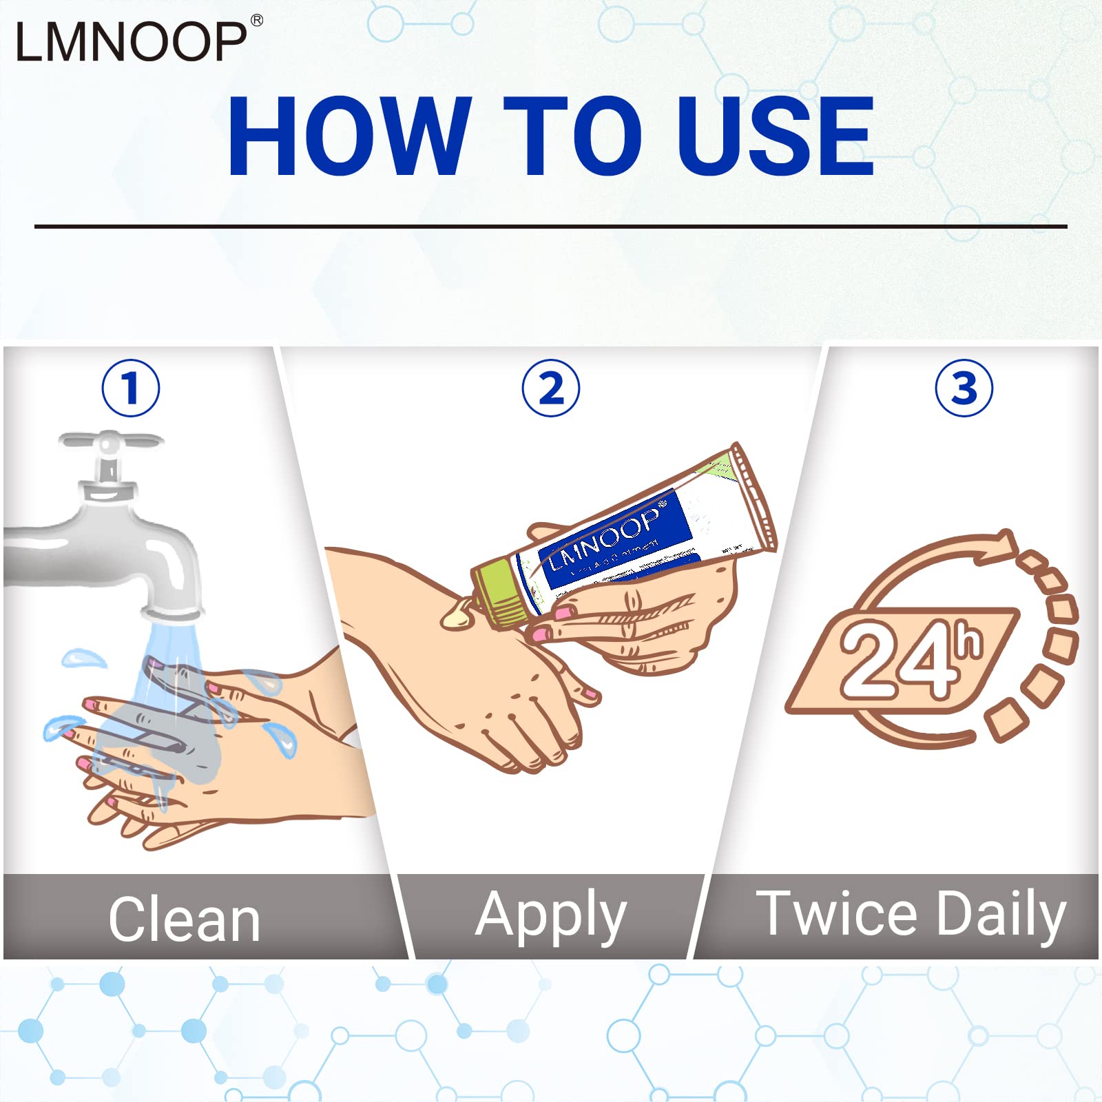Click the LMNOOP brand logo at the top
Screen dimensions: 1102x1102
[131, 41]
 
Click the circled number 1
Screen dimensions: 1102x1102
[131, 388]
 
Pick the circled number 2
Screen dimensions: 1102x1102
[551, 388]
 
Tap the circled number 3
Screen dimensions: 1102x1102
[964, 388]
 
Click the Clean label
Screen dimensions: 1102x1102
[185, 919]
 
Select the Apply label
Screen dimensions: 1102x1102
[551, 916]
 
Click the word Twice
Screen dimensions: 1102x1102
[837, 914]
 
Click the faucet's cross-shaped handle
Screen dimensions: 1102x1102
[110, 440]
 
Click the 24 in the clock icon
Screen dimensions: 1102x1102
[895, 661]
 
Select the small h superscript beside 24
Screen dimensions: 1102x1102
[970, 641]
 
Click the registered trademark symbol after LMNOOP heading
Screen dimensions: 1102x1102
[256, 21]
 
